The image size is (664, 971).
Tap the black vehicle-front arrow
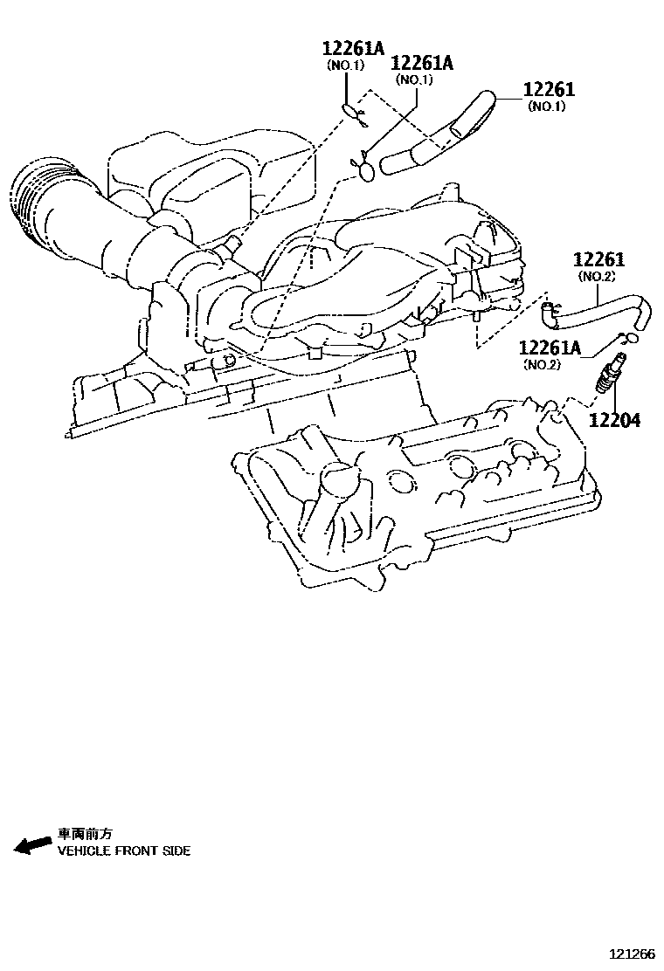32,844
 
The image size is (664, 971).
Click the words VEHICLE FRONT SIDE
123,850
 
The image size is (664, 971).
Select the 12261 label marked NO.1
549,90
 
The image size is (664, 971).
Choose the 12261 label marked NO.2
599,259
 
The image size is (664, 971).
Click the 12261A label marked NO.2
550,348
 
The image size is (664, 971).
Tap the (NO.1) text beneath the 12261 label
547,107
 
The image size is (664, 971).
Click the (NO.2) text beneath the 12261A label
543,364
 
